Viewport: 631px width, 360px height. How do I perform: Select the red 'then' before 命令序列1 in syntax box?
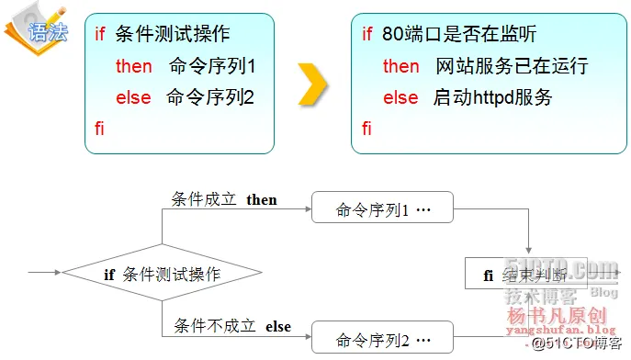pos(134,66)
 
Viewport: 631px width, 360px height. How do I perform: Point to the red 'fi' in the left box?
pos(100,128)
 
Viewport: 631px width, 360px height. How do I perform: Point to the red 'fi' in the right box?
pos(367,128)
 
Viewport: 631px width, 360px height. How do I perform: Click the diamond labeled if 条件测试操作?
pos(162,274)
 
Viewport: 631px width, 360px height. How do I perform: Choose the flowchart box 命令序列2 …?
pos(383,338)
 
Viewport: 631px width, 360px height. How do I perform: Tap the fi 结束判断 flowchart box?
pos(528,274)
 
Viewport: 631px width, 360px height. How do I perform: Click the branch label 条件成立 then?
pos(224,199)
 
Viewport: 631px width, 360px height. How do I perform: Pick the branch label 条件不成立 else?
pos(231,326)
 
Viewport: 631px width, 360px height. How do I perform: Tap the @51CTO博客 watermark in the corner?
pos(576,344)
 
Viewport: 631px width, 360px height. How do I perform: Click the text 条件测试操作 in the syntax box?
pos(174,35)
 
